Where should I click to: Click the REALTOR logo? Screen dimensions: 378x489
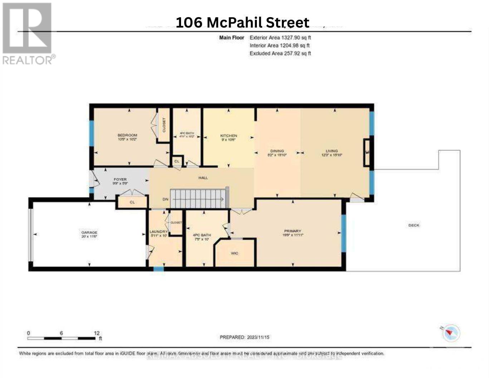(28, 34)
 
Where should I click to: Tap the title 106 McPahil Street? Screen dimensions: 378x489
(242, 23)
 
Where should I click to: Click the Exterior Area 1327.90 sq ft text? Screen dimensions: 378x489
(280, 38)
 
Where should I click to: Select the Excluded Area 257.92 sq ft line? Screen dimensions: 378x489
(280, 53)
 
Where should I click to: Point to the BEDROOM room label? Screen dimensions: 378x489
(127, 135)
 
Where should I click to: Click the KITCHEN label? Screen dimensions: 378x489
(229, 136)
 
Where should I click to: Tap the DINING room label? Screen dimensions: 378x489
(277, 151)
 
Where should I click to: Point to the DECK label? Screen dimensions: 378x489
(414, 225)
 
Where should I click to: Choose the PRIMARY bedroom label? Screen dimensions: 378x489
(293, 231)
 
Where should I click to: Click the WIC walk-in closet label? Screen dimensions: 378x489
(234, 253)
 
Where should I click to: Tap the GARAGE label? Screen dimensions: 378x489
(89, 232)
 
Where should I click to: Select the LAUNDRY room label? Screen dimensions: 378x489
(158, 232)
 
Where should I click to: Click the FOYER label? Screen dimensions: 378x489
(120, 179)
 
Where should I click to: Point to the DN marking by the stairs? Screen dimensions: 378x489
(165, 199)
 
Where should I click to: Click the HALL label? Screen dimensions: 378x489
(203, 178)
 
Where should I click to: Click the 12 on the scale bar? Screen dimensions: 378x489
(97, 333)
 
